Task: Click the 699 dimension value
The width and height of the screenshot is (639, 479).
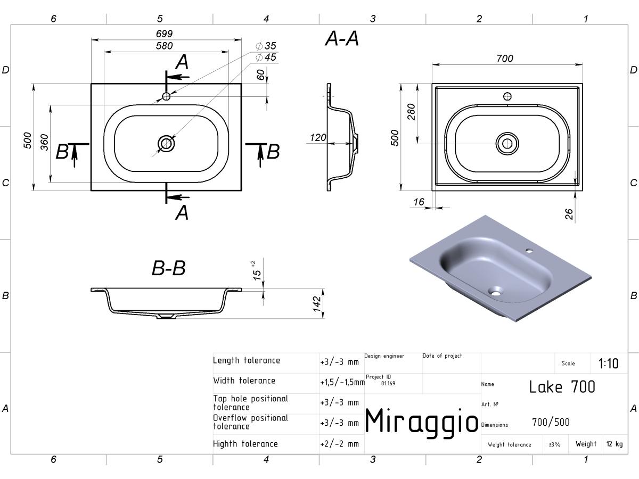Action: pyautogui.click(x=164, y=34)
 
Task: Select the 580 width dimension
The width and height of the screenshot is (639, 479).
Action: pyautogui.click(x=164, y=46)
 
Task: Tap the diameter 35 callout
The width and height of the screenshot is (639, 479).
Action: pyautogui.click(x=266, y=46)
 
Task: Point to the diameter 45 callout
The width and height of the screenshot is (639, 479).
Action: pyautogui.click(x=266, y=57)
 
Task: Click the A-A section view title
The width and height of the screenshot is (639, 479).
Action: pyautogui.click(x=342, y=38)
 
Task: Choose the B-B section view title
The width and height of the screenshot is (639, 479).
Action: pyautogui.click(x=169, y=268)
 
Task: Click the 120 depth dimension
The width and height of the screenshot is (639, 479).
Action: pyautogui.click(x=318, y=137)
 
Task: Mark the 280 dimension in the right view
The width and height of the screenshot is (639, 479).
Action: pyautogui.click(x=411, y=112)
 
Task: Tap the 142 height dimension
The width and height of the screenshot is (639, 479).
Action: pyautogui.click(x=317, y=304)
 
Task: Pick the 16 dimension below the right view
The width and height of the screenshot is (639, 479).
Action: pyautogui.click(x=419, y=202)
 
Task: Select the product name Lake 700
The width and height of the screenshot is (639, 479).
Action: pyautogui.click(x=562, y=387)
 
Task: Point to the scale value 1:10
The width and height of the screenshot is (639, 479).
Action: pyautogui.click(x=609, y=364)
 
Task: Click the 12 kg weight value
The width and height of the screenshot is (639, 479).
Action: pyautogui.click(x=615, y=444)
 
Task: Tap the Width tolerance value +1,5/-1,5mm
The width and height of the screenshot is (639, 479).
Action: pyautogui.click(x=342, y=382)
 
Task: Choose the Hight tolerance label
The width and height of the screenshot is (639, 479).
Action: pyautogui.click(x=245, y=444)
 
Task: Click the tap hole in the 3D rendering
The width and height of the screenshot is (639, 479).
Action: pyautogui.click(x=529, y=250)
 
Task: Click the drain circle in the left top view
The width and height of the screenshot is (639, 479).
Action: pyautogui.click(x=166, y=144)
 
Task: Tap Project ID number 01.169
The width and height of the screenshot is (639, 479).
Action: pyautogui.click(x=388, y=383)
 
